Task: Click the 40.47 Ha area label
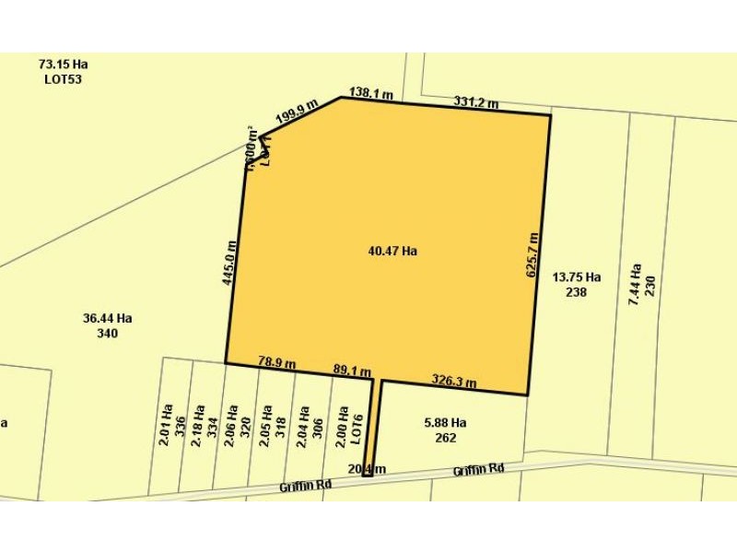pyautogui.click(x=392, y=251)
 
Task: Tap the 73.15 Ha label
pyautogui.click(x=64, y=65)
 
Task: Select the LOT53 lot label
pyautogui.click(x=64, y=79)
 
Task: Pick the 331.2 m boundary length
pyautogui.click(x=475, y=101)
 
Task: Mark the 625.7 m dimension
pyautogui.click(x=532, y=255)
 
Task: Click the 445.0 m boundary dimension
pyautogui.click(x=230, y=263)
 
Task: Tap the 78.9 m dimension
pyautogui.click(x=276, y=363)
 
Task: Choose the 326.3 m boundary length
pyautogui.click(x=454, y=381)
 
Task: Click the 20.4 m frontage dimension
pyautogui.click(x=367, y=469)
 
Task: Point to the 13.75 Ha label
pyautogui.click(x=577, y=276)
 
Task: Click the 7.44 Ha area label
pyautogui.click(x=635, y=285)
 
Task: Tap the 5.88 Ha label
pyautogui.click(x=445, y=423)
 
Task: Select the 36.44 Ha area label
pyautogui.click(x=107, y=318)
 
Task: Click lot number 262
pyautogui.click(x=446, y=438)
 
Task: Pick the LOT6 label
pyautogui.click(x=358, y=429)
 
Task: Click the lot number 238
pyautogui.click(x=577, y=292)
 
